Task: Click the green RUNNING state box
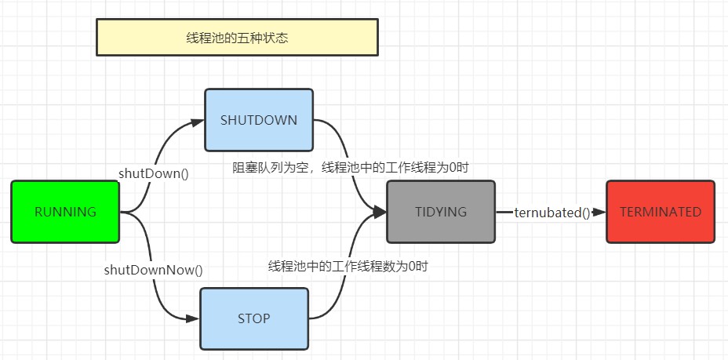pos(65,212)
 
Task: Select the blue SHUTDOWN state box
pos(259,120)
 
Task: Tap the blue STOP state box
pos(254,318)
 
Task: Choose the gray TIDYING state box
pos(441,212)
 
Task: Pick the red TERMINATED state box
pos(661,212)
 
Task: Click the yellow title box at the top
pos(237,38)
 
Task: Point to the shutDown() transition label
pos(154,173)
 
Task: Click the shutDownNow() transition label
pos(154,270)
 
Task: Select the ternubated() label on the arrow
pos(552,213)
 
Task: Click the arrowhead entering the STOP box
pos(194,318)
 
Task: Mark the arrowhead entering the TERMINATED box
pos(600,213)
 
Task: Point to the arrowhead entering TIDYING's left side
pos(380,213)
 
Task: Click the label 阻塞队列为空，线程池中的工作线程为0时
pos(351,167)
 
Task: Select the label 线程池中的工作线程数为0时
pos(348,267)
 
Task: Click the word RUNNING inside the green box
pos(65,212)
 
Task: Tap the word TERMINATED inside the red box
pos(661,212)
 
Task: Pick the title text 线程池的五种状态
pos(237,38)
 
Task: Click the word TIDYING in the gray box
pos(441,212)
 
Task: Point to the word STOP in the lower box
pos(254,318)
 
